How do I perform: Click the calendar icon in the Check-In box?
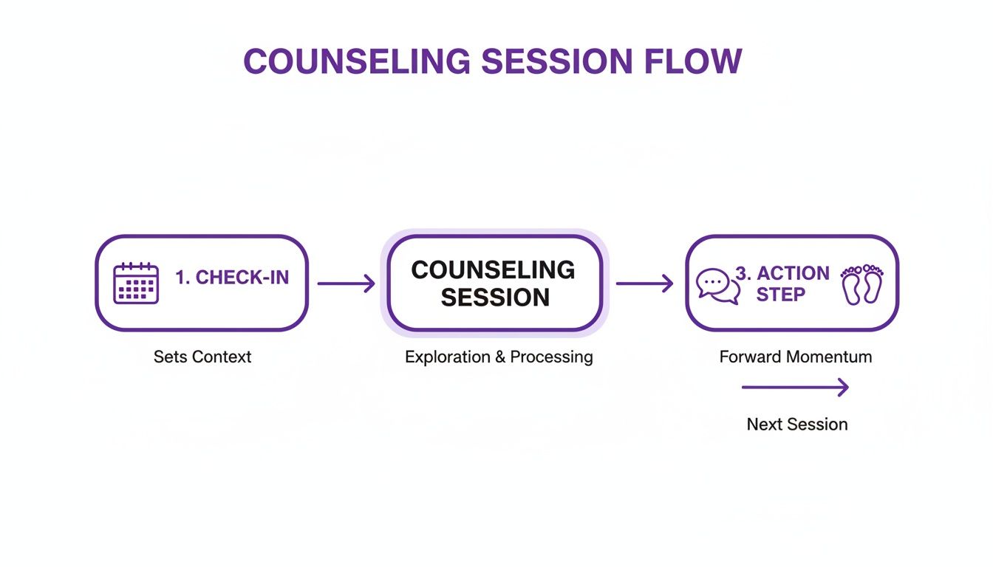coord(136,283)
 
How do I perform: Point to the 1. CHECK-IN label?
coord(232,278)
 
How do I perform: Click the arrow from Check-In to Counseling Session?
coord(347,283)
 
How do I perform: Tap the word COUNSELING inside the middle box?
coord(493,269)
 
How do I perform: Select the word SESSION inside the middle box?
coord(495,298)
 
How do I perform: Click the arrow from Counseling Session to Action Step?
coord(644,283)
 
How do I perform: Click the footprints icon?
coord(862,285)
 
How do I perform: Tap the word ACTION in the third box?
coord(793,273)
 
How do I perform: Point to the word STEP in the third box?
coord(780,295)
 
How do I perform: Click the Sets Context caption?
coord(202,357)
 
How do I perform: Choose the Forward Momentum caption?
coord(795,357)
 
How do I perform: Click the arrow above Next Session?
coord(795,387)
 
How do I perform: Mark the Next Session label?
coord(796,425)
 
